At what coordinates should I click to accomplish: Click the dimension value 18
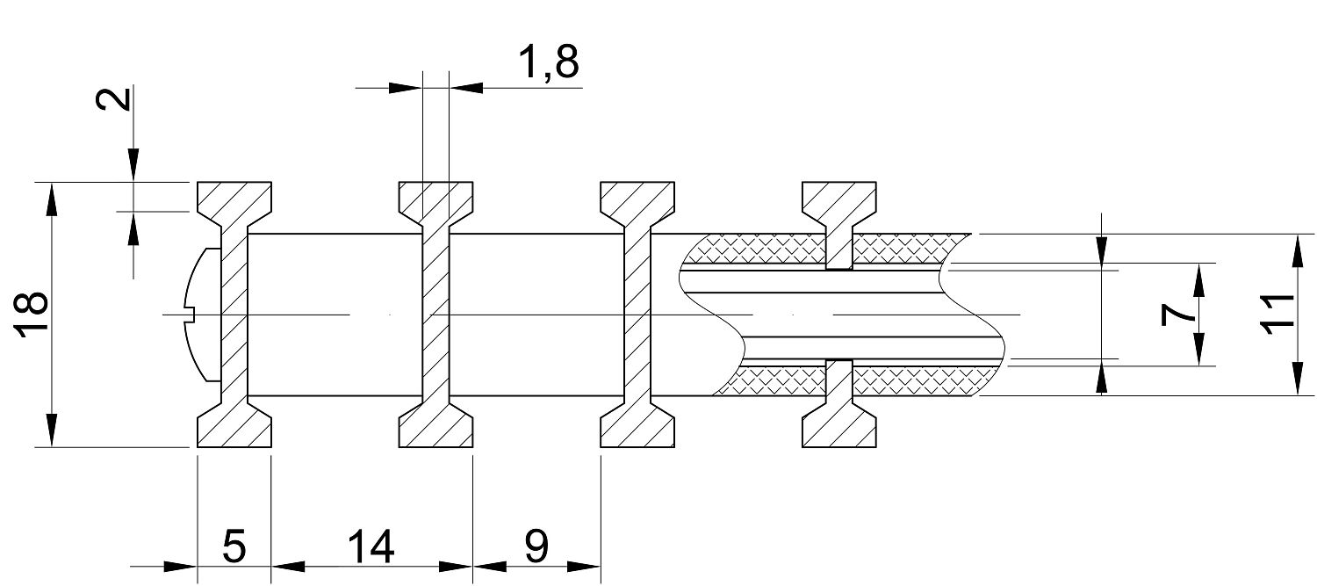click(x=32, y=315)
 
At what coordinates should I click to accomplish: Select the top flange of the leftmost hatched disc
click(x=234, y=199)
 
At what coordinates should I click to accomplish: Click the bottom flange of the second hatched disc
click(x=436, y=429)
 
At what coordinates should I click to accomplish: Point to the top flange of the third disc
click(x=637, y=199)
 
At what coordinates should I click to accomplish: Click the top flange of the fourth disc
click(x=839, y=199)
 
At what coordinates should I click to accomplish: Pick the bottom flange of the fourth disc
click(x=839, y=429)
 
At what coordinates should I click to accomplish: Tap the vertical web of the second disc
click(x=436, y=315)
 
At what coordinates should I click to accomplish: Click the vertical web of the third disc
click(x=637, y=315)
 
